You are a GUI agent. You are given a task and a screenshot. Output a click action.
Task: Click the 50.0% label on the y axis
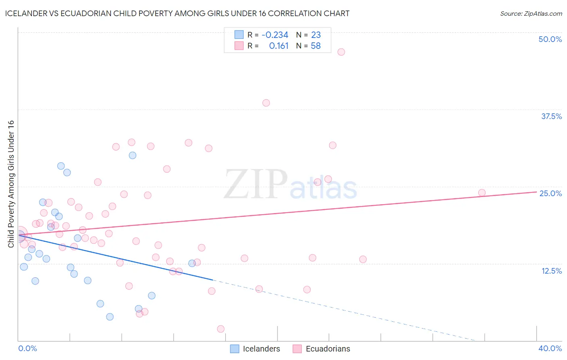click(550, 39)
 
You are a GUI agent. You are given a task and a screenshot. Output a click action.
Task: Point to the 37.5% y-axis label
click(551, 116)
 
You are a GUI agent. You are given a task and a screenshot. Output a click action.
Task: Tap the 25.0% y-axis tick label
click(550, 193)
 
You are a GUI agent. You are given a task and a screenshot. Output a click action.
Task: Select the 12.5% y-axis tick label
click(551, 271)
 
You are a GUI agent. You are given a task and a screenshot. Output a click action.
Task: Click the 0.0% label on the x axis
click(28, 348)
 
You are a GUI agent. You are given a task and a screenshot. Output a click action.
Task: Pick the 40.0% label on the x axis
click(550, 348)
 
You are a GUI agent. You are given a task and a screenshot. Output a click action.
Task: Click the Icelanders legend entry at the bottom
click(255, 349)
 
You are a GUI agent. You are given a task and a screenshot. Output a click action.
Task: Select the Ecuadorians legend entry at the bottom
click(321, 349)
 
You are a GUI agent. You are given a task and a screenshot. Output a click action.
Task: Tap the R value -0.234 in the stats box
click(275, 35)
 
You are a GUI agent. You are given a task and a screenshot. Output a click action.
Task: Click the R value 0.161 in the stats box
click(279, 46)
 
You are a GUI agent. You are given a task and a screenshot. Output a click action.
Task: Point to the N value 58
click(316, 46)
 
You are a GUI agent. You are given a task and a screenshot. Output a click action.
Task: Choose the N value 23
click(316, 35)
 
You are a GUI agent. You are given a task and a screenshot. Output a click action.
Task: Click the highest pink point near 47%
click(341, 52)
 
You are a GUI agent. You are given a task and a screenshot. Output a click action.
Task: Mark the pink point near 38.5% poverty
click(266, 103)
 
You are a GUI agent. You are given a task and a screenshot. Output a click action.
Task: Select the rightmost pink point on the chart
click(482, 193)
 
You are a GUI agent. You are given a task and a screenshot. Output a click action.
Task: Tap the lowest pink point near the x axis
click(221, 329)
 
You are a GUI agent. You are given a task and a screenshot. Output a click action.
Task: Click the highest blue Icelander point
click(132, 155)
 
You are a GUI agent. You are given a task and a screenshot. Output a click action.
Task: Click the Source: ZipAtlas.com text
click(531, 13)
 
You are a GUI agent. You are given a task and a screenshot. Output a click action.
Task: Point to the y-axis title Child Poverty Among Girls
click(11, 184)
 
